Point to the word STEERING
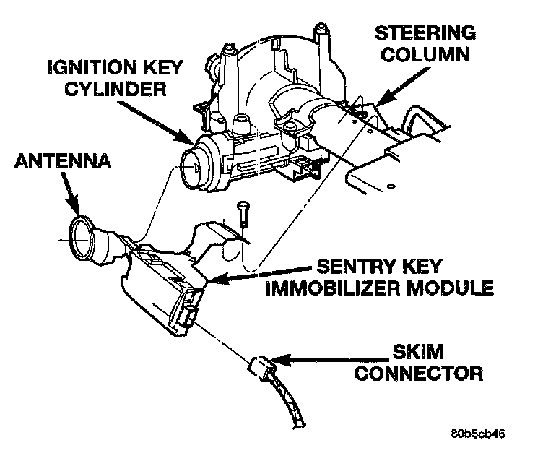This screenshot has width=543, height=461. coord(426,34)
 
